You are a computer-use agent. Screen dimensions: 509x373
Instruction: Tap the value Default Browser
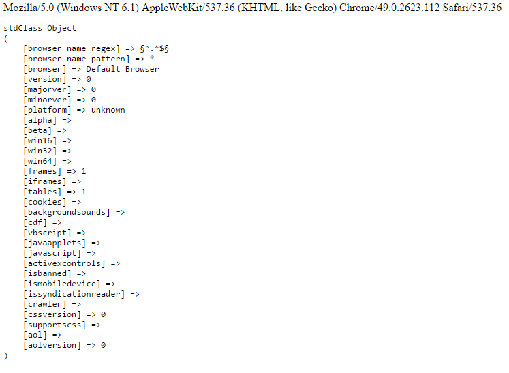(x=122, y=69)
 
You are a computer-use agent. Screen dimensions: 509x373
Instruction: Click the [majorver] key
(x=47, y=89)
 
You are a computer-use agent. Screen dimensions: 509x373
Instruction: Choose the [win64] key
(x=40, y=161)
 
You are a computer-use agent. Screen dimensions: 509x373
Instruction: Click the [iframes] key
(x=44, y=181)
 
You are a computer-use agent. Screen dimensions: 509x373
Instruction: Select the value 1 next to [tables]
(x=84, y=192)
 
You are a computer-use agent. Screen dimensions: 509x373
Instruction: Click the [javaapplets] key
(x=55, y=243)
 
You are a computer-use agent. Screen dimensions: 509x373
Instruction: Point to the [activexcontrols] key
(x=64, y=263)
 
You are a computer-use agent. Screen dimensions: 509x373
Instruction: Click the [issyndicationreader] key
(x=74, y=294)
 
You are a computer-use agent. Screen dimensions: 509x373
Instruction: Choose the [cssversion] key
(x=52, y=314)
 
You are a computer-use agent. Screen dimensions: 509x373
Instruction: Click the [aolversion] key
(x=52, y=345)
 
